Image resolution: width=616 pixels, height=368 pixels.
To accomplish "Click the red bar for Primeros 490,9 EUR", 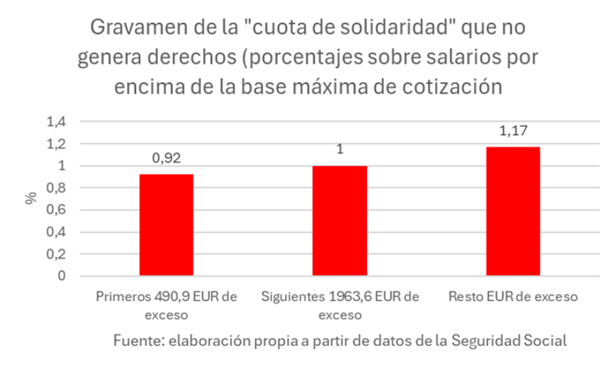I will (x=166, y=224).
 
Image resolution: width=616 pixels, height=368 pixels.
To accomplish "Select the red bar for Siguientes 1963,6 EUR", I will (x=339, y=220).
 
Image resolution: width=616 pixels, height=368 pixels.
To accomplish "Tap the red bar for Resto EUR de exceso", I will (x=512, y=211).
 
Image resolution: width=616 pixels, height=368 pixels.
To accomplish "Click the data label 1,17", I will (x=512, y=131).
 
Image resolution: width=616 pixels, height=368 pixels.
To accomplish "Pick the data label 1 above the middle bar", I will (x=339, y=150).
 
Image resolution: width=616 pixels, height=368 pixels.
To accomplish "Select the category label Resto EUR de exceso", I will (x=512, y=296).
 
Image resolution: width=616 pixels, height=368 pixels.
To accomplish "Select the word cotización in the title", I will (x=456, y=86).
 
